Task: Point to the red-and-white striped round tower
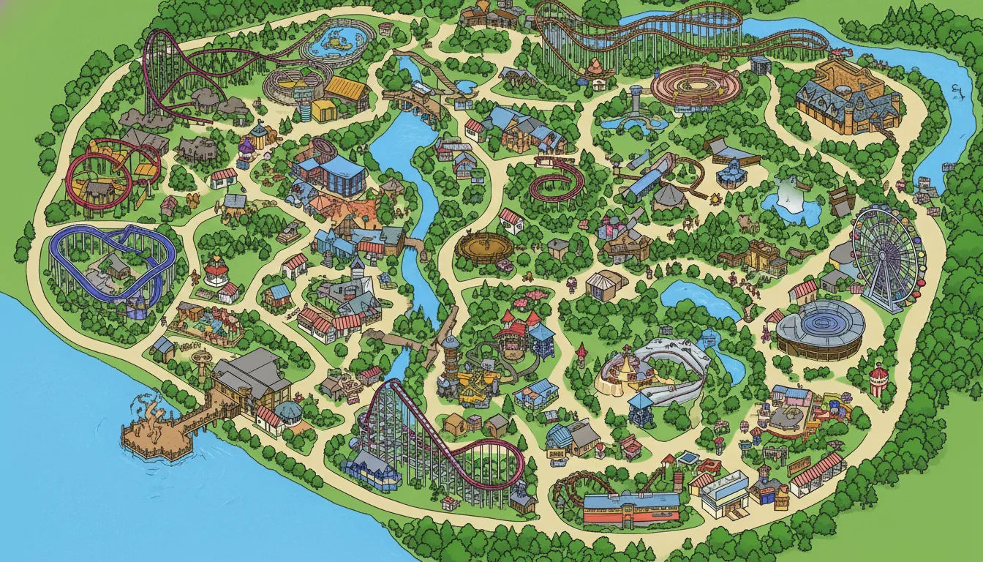click(878, 381)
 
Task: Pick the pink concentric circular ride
click(685, 89)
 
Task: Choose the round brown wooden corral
click(483, 247)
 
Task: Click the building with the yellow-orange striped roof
click(345, 89)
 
